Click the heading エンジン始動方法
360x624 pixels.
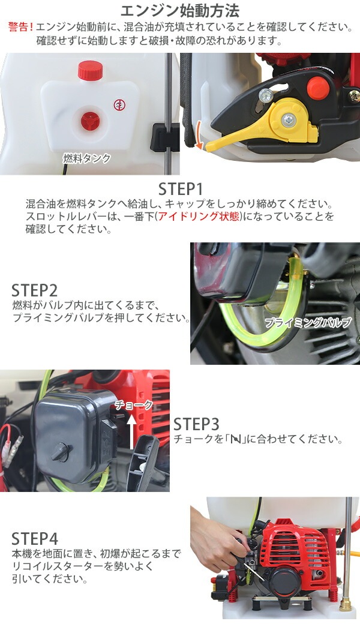pyautogui.click(x=180, y=10)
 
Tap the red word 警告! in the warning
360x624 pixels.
pyautogui.click(x=20, y=27)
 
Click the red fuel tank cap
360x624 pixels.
pyautogui.click(x=90, y=70)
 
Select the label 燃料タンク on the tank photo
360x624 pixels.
pyautogui.click(x=87, y=158)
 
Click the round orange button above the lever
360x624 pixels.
pyautogui.click(x=318, y=88)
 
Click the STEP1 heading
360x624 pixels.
pyautogui.click(x=181, y=189)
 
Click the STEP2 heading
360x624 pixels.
pyautogui.click(x=35, y=290)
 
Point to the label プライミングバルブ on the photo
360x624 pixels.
pyautogui.click(x=308, y=322)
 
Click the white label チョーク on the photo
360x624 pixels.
pyautogui.click(x=134, y=405)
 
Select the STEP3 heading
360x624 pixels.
pyautogui.click(x=196, y=425)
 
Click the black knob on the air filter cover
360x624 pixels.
pyautogui.click(x=61, y=452)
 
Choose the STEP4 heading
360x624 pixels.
pyautogui.click(x=35, y=539)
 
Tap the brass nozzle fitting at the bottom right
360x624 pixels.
pyautogui.click(x=345, y=604)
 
